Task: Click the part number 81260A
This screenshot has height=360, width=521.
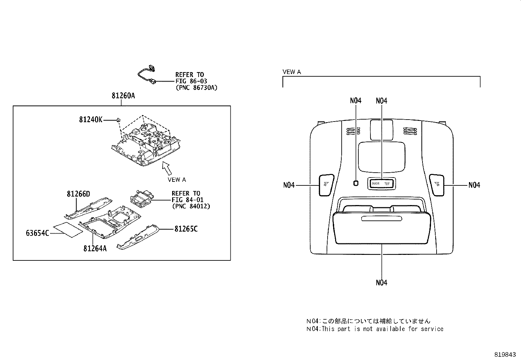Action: click(123, 96)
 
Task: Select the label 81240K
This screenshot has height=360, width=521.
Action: click(90, 120)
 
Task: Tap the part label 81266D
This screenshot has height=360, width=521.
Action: click(78, 194)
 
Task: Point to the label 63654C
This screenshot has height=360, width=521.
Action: click(37, 233)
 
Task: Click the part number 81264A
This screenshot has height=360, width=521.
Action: click(95, 248)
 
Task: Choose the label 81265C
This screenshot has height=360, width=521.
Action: click(186, 229)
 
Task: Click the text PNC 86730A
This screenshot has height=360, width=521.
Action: click(196, 88)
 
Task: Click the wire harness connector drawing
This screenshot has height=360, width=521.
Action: click(147, 75)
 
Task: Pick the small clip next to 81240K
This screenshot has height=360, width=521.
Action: click(117, 120)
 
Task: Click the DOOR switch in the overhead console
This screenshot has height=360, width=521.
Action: click(375, 183)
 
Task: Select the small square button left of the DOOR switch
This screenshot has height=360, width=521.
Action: click(356, 183)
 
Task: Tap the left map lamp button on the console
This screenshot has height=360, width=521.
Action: click(326, 185)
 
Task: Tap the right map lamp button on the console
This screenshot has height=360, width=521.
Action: click(437, 185)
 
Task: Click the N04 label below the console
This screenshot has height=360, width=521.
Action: click(381, 282)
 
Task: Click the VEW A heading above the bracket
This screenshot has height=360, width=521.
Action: click(291, 72)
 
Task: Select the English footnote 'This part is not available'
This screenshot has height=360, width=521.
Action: click(375, 329)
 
